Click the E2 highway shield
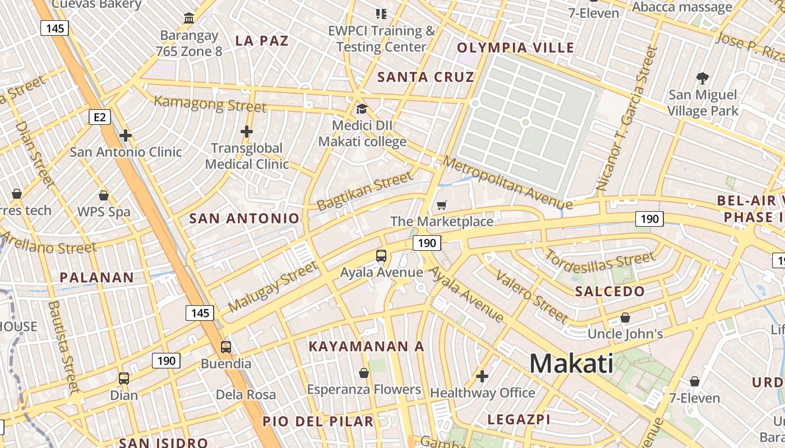[x=100, y=117]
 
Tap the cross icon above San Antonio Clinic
[x=126, y=136]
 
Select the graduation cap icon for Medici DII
[x=362, y=109]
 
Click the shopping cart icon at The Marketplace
[x=442, y=206]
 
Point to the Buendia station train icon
[x=226, y=347]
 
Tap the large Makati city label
[x=571, y=363]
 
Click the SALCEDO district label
[x=610, y=291]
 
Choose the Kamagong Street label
[x=210, y=104]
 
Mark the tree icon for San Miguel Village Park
[x=703, y=78]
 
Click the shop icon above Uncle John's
[x=625, y=318]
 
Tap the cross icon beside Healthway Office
[x=482, y=376]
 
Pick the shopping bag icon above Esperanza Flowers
[x=364, y=373]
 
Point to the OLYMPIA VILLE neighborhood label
[x=516, y=48]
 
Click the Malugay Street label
[x=273, y=287]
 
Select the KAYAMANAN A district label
[x=367, y=347]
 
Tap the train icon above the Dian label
[x=124, y=379]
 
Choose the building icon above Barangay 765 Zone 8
[x=189, y=18]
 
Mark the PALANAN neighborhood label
[x=97, y=277]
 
